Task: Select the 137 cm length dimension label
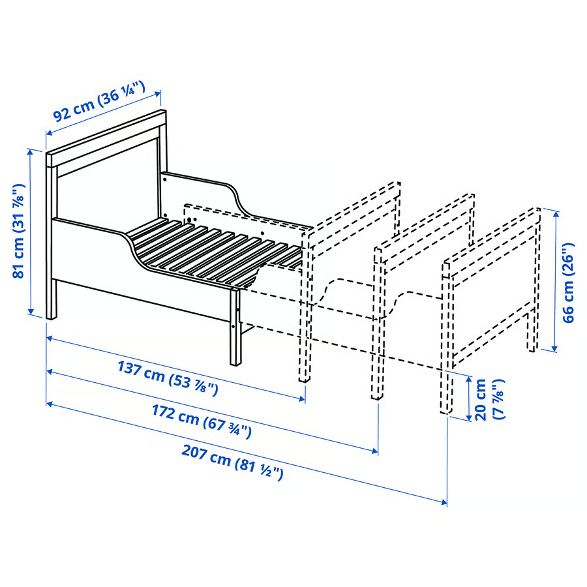(167, 378)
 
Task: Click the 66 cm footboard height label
(569, 280)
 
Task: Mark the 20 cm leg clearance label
(490, 399)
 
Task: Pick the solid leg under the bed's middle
(235, 326)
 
